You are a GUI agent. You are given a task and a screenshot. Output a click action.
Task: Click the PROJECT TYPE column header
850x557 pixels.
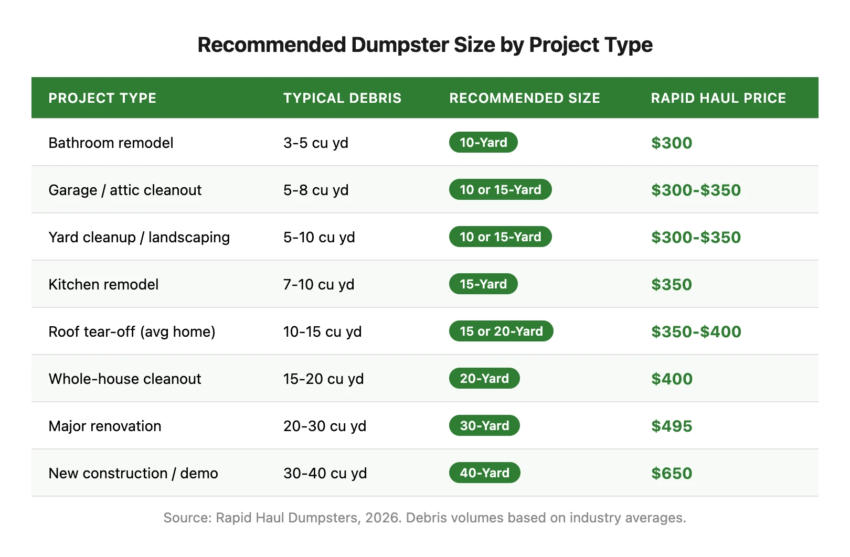(102, 98)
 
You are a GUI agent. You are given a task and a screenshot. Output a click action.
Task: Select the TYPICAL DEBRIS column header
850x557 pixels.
(342, 98)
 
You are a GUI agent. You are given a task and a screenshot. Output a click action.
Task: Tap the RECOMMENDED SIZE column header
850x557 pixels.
(524, 98)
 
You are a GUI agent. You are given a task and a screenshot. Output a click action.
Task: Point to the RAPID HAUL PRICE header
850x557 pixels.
(718, 98)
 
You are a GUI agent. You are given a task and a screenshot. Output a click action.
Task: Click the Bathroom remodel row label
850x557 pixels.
(111, 143)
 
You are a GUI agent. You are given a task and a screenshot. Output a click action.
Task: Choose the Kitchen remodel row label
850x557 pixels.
(103, 284)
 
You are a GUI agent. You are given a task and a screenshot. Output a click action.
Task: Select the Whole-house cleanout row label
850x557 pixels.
(125, 379)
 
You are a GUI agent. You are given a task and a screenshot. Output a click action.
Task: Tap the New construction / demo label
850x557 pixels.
(133, 473)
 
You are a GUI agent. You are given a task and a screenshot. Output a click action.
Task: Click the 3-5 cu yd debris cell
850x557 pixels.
(316, 143)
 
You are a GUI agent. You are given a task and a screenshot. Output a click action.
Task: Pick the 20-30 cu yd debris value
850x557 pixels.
(325, 426)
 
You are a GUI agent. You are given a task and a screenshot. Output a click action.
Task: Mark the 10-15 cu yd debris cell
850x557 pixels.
(322, 331)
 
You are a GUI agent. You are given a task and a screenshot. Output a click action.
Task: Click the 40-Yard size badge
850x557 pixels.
(484, 473)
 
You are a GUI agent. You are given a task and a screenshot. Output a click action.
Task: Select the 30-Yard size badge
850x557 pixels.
(484, 425)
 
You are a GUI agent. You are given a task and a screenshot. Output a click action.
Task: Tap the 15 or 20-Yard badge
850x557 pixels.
(501, 331)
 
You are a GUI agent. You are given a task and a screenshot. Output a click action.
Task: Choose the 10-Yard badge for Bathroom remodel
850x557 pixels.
(483, 142)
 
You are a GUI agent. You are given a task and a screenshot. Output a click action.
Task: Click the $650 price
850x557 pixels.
(672, 473)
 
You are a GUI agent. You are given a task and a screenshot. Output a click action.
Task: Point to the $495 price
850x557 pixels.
(672, 426)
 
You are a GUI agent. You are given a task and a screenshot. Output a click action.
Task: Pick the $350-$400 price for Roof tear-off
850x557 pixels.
(696, 331)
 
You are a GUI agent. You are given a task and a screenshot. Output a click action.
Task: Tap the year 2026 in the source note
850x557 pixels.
(382, 518)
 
